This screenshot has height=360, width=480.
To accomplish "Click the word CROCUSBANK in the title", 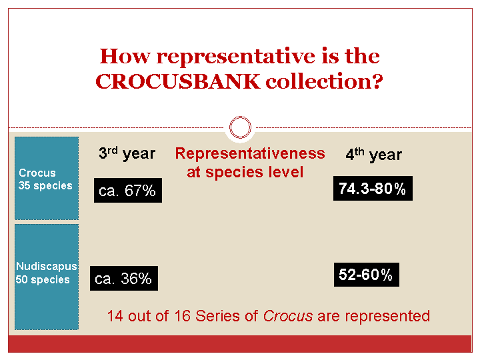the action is point(178,82).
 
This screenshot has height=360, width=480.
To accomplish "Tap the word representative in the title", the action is point(236,56).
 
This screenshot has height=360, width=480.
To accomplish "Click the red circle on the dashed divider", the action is point(240,127).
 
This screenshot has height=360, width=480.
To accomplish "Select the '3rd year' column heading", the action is point(127,153).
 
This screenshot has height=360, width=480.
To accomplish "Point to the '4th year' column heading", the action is point(374,155).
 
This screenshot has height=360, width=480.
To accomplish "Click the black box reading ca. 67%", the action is point(128,191).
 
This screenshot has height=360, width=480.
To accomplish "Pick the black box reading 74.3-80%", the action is point(373,188).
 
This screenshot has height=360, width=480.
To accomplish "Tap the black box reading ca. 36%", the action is point(124,278).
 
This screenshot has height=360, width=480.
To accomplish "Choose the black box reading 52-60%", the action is point(367,275).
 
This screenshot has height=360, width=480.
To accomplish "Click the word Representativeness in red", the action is point(250,153).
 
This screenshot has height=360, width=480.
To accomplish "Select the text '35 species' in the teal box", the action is point(45,186).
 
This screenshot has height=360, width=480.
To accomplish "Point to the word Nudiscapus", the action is point(47,266).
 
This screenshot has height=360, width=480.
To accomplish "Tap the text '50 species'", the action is point(43,279).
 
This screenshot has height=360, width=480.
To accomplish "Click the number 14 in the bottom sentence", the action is point(115,316).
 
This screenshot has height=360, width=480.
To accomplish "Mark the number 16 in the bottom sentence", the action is point(183,316).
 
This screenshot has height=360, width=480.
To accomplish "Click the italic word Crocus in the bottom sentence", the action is point(288,316).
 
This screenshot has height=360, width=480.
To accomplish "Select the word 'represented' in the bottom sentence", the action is point(387,316).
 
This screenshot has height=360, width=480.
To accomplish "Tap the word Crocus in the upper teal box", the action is point(37,173).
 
